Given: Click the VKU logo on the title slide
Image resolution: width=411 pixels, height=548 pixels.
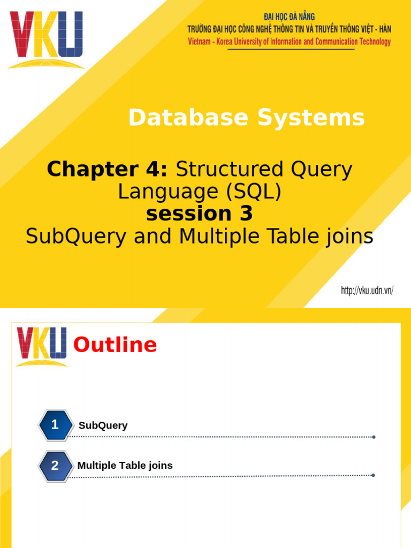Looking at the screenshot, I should [46, 40].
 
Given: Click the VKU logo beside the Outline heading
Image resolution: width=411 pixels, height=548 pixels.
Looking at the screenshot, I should [42, 346].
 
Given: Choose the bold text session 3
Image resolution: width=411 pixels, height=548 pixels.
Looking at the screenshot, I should [199, 214].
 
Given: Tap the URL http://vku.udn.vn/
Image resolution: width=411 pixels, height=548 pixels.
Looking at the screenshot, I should [367, 291].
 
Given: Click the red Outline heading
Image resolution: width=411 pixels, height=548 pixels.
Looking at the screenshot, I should [115, 345].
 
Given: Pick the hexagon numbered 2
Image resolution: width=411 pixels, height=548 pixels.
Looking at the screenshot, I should [55, 465].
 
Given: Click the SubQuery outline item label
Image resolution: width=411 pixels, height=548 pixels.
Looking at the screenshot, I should [103, 425].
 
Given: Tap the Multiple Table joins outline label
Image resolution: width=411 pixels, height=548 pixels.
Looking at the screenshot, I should [125, 465].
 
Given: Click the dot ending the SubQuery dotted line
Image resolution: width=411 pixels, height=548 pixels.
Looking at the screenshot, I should [374, 437].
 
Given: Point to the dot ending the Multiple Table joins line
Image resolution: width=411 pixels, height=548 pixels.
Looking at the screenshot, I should [373, 475].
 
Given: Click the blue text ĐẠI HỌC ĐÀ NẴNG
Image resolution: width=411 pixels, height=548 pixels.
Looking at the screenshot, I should [289, 17].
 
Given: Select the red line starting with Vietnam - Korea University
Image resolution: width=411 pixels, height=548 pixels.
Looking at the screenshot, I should [289, 42].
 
